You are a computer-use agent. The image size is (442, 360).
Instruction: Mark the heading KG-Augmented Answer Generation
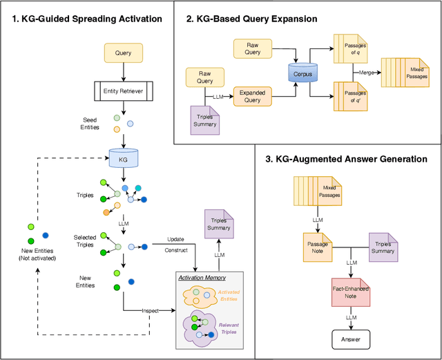click(x=350, y=159)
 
